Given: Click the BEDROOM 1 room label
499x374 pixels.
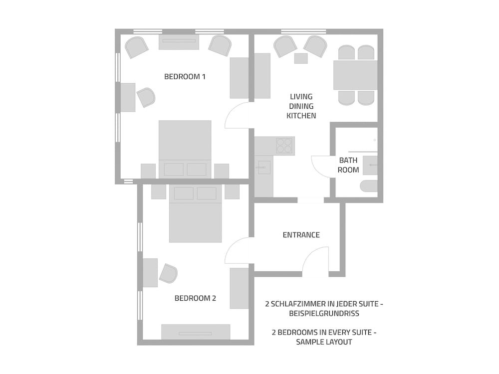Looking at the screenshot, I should [185, 77].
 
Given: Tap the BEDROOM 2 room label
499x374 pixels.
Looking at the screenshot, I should [195, 298].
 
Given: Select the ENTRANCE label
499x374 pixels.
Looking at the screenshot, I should [301, 235].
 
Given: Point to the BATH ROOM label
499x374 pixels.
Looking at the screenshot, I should [348, 165].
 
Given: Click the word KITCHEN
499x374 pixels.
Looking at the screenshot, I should [301, 116].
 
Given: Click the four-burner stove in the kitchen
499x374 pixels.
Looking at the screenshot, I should [284, 145].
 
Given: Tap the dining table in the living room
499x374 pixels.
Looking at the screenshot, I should [355, 75].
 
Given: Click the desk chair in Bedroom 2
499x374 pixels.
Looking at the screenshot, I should [169, 273].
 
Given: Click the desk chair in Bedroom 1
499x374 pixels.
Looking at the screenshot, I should [146, 97].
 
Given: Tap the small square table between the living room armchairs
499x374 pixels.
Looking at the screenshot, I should [300, 58].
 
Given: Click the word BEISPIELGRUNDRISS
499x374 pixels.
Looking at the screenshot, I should [324, 314].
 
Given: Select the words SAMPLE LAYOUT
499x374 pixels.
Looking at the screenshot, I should [324, 342].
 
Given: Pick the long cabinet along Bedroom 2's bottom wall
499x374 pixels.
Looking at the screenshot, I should [196, 332].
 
